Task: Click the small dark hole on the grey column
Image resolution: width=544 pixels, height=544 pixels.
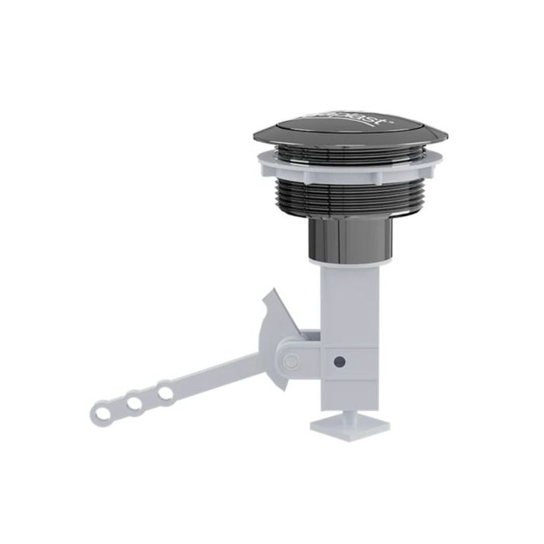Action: pyautogui.click(x=339, y=361)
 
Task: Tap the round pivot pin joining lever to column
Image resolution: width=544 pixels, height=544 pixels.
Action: pyautogui.click(x=291, y=361)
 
